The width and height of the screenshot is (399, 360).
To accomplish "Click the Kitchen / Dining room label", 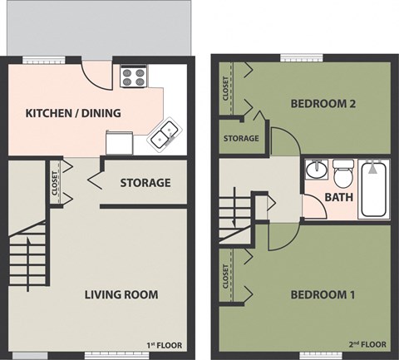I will click(x=73, y=113).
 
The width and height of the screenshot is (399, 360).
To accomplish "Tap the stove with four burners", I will click(x=133, y=77).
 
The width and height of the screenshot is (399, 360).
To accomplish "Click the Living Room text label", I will click(x=121, y=294).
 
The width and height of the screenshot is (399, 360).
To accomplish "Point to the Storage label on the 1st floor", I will click(x=145, y=183).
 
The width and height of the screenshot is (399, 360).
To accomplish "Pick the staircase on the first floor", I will click(x=27, y=250).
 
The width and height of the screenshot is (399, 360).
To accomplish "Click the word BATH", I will click(x=338, y=198).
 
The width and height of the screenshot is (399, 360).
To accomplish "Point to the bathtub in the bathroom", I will click(x=374, y=190).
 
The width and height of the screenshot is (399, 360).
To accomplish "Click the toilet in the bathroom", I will click(x=342, y=175).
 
